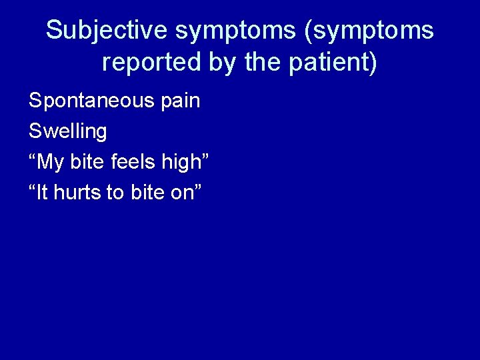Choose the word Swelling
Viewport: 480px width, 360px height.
coord(67,131)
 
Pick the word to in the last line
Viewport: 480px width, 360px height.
coord(115,193)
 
